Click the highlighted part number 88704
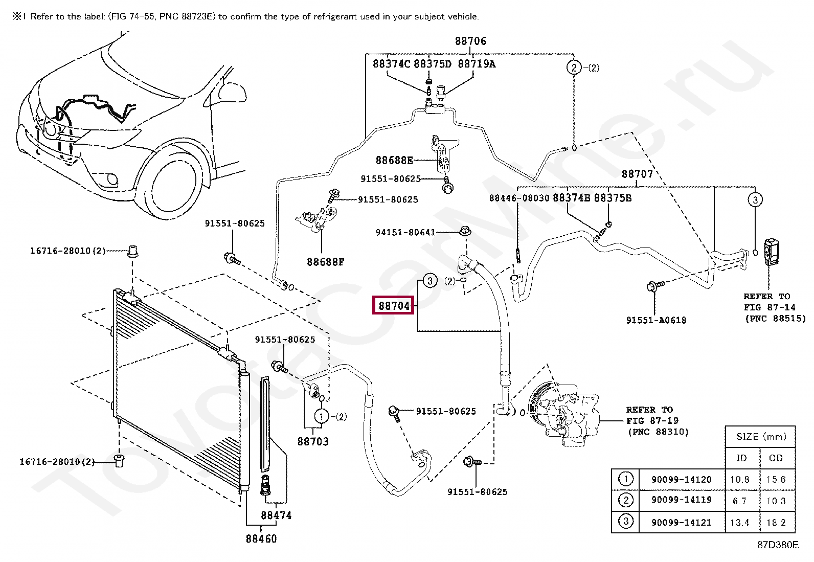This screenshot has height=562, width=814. (394, 306)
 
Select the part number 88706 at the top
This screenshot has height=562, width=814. (470, 41)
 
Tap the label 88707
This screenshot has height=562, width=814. (638, 174)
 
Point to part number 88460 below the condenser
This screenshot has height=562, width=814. (261, 539)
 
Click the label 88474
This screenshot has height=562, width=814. (276, 515)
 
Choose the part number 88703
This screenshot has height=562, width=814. (313, 442)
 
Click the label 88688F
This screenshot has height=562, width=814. (326, 262)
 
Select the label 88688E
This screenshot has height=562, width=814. (394, 160)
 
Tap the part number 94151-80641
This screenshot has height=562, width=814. (405, 232)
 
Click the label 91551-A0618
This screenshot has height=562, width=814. (657, 320)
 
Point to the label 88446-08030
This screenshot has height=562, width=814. (519, 198)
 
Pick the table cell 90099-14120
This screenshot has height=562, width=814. (682, 480)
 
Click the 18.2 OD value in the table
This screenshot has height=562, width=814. (776, 523)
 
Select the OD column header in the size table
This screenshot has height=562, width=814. (776, 458)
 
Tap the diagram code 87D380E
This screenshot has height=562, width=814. (778, 545)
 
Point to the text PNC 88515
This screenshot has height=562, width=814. (776, 319)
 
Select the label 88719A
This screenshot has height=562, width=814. (477, 64)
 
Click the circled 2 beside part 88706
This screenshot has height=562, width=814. (574, 68)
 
